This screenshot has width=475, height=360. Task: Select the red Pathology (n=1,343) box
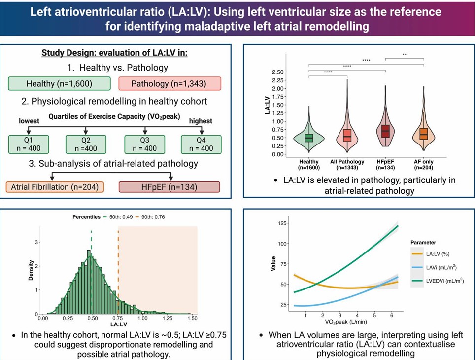point(170,83)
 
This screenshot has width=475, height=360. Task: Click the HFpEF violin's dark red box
point(385,131)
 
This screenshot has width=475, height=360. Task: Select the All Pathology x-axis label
point(347,162)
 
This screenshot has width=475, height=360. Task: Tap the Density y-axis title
point(31,271)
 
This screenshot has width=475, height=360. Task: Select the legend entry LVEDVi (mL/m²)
point(441,281)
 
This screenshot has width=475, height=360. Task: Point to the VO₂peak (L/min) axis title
point(346,324)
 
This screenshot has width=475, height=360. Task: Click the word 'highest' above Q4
point(201,121)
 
